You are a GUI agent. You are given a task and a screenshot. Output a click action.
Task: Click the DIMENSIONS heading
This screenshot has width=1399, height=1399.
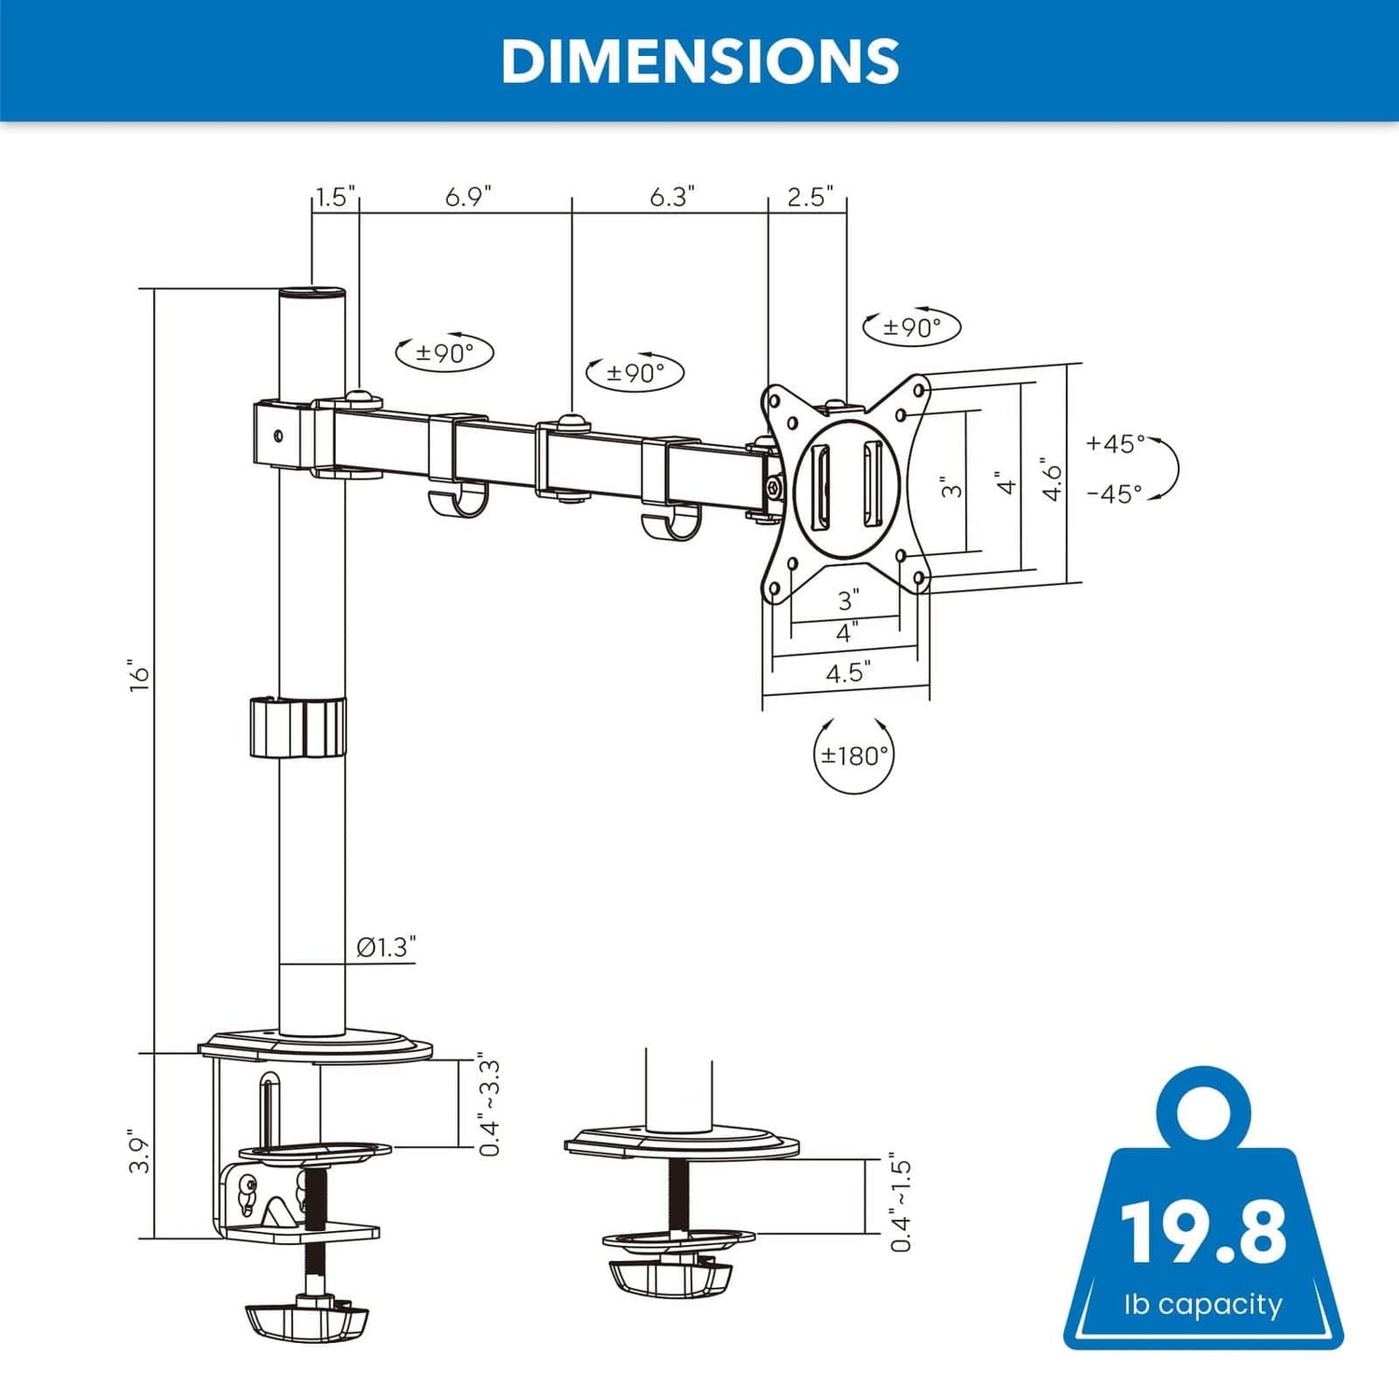click(699, 62)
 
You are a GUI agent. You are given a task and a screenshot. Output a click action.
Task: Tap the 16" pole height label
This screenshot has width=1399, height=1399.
click(140, 675)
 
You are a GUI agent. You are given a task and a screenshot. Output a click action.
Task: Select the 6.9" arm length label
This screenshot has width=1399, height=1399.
click(467, 197)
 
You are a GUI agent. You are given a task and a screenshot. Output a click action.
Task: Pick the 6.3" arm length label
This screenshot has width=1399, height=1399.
click(672, 197)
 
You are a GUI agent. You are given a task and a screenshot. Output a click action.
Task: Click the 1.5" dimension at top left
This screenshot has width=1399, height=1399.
click(335, 197)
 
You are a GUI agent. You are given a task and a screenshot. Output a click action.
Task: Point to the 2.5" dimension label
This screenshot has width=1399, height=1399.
click(810, 197)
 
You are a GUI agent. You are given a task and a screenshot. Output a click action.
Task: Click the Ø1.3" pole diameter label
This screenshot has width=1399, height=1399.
click(386, 948)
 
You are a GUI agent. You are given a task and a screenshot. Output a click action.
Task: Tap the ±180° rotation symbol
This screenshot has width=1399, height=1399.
click(853, 755)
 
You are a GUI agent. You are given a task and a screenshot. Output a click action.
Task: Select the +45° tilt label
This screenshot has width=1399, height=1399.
click(1115, 444)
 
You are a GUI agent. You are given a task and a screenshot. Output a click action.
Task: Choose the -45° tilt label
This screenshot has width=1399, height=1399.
click(1115, 494)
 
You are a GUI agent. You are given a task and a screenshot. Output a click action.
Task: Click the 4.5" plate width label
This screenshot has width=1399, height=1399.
click(848, 672)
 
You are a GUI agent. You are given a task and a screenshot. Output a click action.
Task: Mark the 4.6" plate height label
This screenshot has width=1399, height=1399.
click(1052, 479)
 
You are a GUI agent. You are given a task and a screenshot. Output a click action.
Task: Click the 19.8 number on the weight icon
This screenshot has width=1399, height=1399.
click(1203, 1232)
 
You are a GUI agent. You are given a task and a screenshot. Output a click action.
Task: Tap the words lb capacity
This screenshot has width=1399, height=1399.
click(1203, 1304)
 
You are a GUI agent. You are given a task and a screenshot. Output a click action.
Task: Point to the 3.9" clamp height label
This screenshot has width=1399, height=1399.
click(140, 1153)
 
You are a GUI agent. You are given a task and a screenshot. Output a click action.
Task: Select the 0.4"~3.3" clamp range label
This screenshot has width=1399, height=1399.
click(489, 1107)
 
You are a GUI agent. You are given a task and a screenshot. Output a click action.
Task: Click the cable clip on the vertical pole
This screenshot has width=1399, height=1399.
click(298, 727)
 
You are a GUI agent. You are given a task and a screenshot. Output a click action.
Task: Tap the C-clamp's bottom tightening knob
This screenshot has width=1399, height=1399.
click(307, 1321)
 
